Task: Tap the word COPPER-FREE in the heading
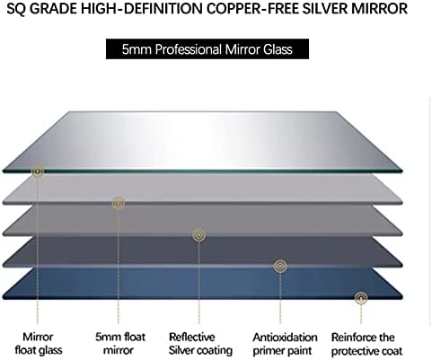pos(253,9)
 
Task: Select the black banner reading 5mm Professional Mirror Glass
pos(207,48)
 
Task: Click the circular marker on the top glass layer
pos(38,171)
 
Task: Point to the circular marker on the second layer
pos(119,203)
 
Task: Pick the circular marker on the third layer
pos(199,235)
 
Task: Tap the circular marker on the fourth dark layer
pos(280,266)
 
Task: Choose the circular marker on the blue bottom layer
pos(361,298)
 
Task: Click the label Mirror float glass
pos(39,344)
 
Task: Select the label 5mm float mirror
pos(120,344)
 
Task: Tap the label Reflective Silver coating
pos(200,344)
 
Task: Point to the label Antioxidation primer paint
pos(285,344)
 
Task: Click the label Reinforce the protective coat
pos(366,344)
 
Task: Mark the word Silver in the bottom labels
pos(181,350)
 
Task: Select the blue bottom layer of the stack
pos(203,283)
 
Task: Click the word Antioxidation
pos(285,338)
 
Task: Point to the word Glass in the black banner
pos(278,49)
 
